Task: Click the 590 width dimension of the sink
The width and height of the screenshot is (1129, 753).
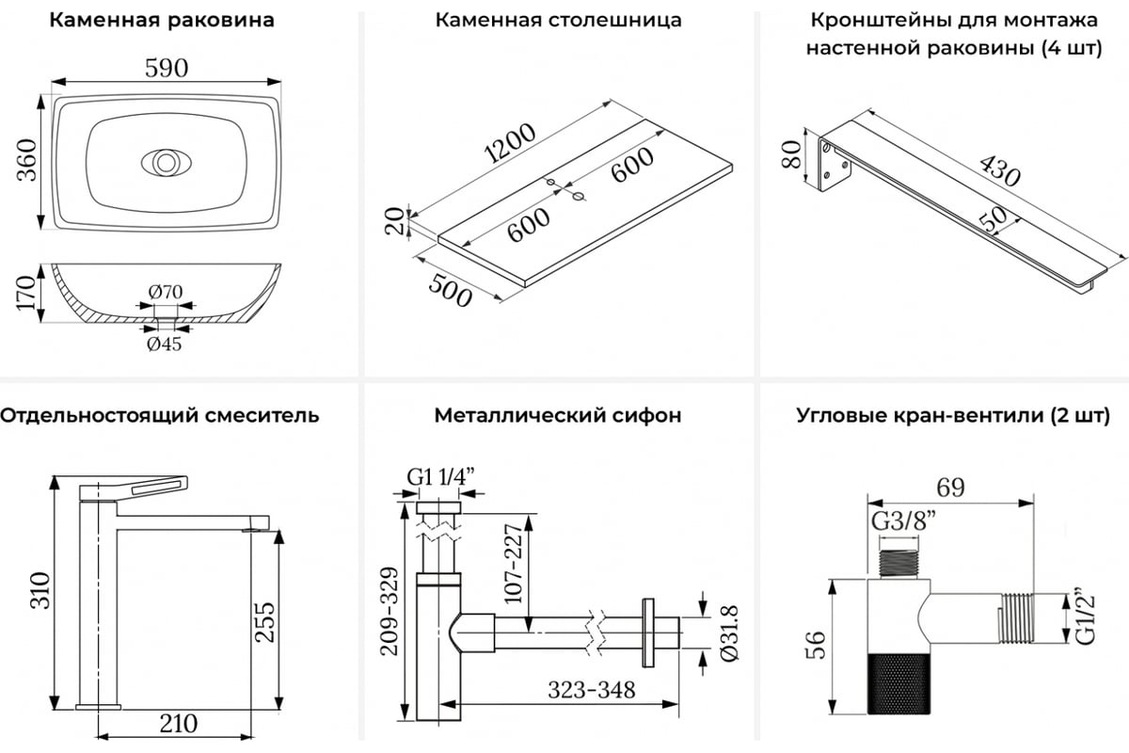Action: click(167, 69)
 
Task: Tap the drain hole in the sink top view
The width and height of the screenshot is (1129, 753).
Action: click(166, 162)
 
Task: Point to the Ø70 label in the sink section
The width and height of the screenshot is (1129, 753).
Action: click(165, 292)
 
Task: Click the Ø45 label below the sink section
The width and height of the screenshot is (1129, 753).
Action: click(164, 344)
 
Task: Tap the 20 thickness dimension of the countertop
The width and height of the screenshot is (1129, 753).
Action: click(397, 222)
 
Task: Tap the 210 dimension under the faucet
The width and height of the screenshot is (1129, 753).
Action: click(177, 723)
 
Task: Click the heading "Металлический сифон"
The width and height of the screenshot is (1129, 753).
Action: click(558, 415)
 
